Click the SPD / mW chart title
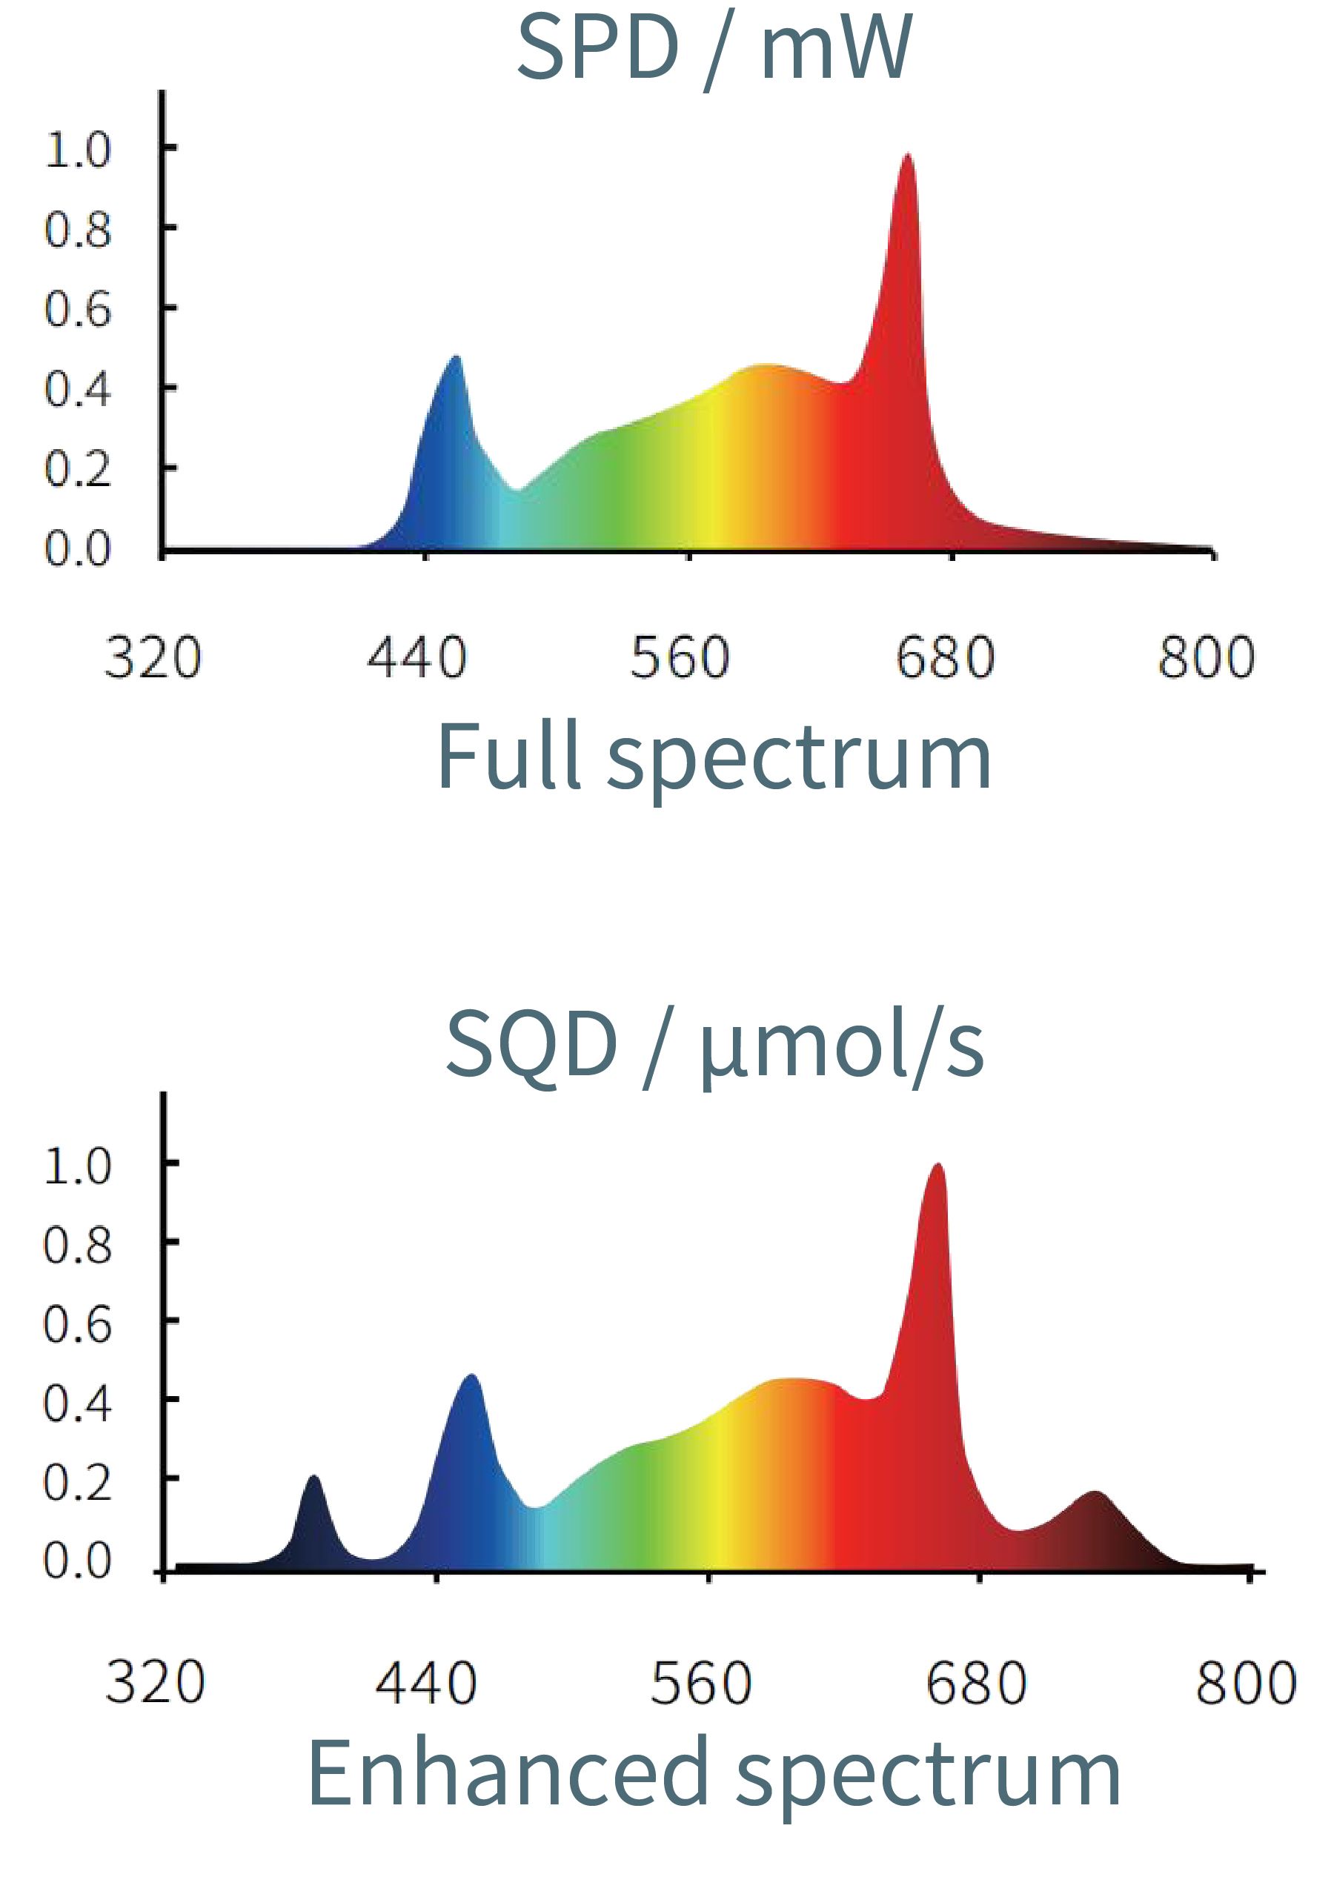(714, 50)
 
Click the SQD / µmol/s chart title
(714, 1047)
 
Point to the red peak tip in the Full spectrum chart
(907, 157)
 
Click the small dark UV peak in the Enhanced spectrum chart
(314, 1480)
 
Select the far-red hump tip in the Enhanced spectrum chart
(1095, 1495)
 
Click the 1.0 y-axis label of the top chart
(77, 150)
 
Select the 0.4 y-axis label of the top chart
(77, 389)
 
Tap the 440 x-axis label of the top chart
(416, 659)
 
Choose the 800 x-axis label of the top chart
(1206, 659)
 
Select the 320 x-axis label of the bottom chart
(154, 1682)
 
